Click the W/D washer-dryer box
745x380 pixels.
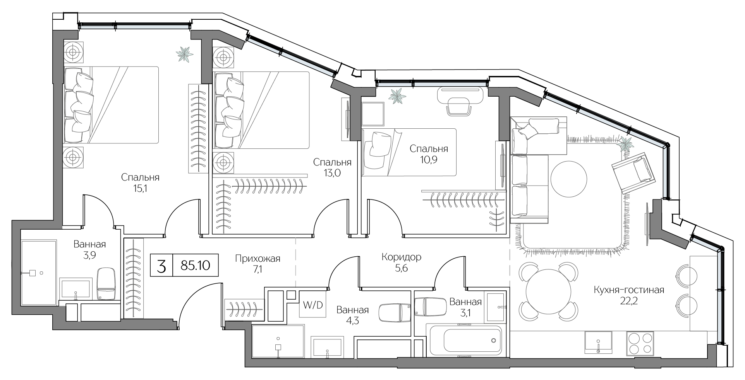click(x=312, y=305)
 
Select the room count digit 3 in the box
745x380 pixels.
click(x=162, y=266)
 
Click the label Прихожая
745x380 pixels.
click(x=257, y=258)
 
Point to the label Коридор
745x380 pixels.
click(x=401, y=257)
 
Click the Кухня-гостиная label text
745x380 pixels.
click(x=629, y=290)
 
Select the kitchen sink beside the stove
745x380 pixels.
click(x=598, y=342)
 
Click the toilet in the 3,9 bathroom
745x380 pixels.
click(x=106, y=284)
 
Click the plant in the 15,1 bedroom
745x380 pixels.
click(x=185, y=54)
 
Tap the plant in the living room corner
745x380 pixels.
click(x=625, y=145)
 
